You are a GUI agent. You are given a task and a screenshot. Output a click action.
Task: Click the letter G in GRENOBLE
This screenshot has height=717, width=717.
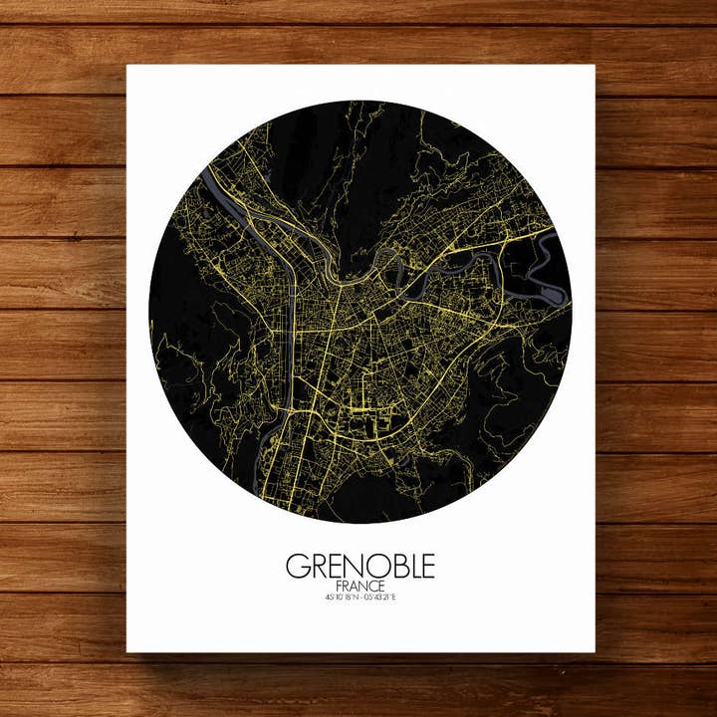point(296,568)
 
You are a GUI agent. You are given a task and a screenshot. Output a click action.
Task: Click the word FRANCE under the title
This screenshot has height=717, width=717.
point(360,587)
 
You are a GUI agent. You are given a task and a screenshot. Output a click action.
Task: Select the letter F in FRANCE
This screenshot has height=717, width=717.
point(341,587)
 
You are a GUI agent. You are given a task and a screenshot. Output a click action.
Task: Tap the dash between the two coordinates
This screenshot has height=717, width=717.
point(359,597)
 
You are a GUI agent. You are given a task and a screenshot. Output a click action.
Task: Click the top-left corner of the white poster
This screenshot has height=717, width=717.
point(127,66)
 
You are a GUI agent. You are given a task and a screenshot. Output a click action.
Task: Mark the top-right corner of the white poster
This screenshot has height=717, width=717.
point(595,66)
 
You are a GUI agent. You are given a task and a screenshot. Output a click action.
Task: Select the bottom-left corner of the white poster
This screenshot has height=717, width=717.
point(127,652)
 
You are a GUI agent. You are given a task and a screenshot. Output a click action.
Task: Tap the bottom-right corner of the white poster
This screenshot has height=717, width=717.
point(595,652)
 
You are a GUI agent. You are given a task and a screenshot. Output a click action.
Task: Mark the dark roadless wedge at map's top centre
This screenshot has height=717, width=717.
point(363,179)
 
